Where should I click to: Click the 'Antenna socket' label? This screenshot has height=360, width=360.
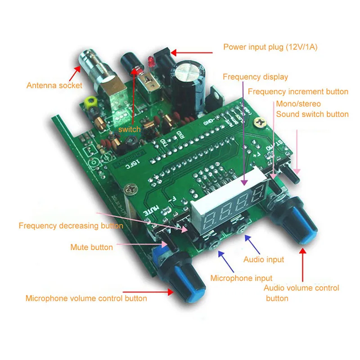tap(54, 85)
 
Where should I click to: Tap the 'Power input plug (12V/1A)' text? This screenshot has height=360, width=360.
tap(270, 47)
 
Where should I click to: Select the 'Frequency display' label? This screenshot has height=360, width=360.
tap(255, 76)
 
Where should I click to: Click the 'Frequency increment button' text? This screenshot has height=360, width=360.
tap(298, 91)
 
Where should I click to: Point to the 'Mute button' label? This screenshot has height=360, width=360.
tap(91, 247)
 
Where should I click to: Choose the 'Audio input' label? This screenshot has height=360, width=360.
tap(264, 259)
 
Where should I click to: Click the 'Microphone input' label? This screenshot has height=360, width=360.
tap(241, 278)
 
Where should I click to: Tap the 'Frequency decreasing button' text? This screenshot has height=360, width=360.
tap(71, 225)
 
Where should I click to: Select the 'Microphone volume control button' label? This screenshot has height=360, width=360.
tap(86, 298)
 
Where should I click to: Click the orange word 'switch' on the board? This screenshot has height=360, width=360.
tap(129, 129)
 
